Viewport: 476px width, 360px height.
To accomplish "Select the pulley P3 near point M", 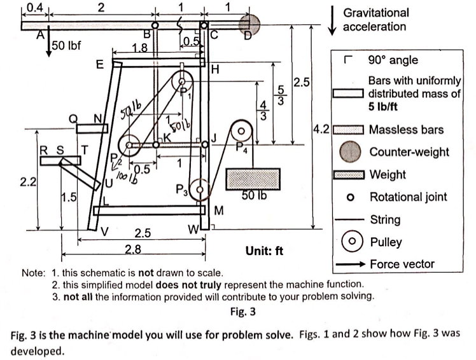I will click(200, 188).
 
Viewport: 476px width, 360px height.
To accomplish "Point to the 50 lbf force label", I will click(65, 46).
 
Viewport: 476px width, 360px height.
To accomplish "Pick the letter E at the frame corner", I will click(100, 64).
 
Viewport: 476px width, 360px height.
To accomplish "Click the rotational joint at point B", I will click(155, 24).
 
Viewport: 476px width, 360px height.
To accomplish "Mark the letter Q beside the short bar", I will click(74, 118).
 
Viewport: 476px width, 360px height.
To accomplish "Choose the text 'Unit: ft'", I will click(265, 250).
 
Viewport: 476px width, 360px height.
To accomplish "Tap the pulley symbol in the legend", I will click(349, 242).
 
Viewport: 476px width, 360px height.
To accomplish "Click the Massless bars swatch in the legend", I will click(349, 130).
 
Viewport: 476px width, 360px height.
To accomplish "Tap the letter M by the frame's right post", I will click(220, 210).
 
